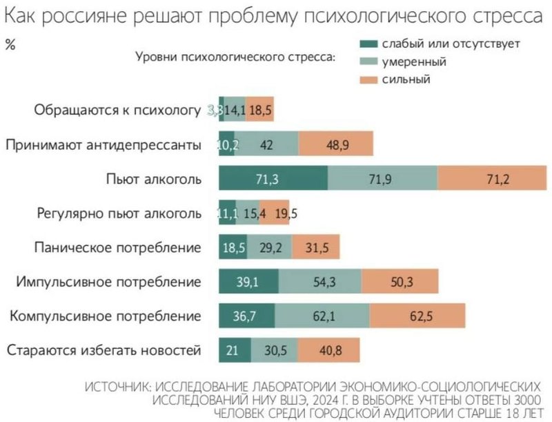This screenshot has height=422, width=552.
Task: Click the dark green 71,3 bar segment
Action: [x=273, y=180]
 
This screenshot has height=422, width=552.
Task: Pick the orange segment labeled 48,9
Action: [x=336, y=144]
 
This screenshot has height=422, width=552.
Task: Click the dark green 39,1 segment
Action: [x=248, y=282]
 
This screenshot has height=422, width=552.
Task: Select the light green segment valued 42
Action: [x=266, y=144]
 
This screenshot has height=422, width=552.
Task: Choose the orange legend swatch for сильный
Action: [x=370, y=79]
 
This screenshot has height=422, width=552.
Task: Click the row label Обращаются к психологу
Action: [x=117, y=110]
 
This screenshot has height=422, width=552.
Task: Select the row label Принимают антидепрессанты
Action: [x=103, y=144]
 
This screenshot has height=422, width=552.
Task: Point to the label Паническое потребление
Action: [x=117, y=247]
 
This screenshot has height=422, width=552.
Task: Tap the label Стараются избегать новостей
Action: [x=103, y=350]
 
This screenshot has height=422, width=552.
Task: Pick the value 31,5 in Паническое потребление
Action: [x=315, y=247]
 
